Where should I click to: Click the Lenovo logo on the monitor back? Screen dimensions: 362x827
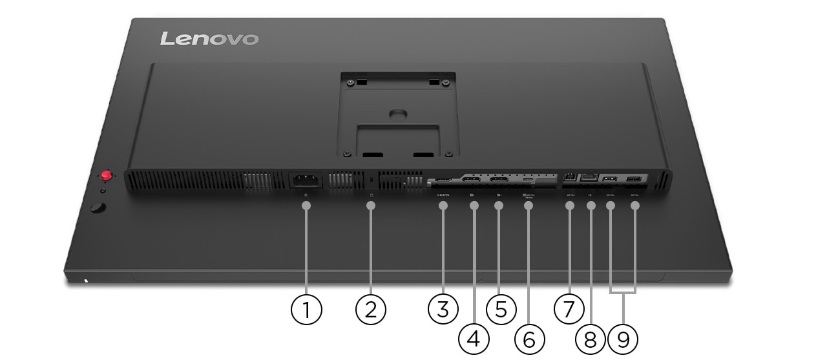(209, 39)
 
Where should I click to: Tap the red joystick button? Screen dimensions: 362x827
(106, 175)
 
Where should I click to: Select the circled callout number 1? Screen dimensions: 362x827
(306, 310)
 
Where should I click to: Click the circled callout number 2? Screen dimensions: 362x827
(371, 310)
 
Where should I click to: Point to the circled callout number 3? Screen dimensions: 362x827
(443, 310)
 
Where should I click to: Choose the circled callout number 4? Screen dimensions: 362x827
(474, 339)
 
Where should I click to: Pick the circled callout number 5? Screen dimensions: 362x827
(501, 310)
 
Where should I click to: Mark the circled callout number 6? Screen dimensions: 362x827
(529, 339)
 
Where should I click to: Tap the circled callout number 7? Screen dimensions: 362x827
(569, 310)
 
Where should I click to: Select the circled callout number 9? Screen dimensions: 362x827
(623, 339)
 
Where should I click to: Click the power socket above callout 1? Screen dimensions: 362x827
(306, 182)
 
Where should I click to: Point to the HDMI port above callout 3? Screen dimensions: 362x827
(443, 181)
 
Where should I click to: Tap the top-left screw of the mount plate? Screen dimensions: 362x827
(350, 82)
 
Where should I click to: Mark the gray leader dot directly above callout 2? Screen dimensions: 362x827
(371, 206)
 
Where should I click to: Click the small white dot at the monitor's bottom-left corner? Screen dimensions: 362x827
(87, 281)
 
